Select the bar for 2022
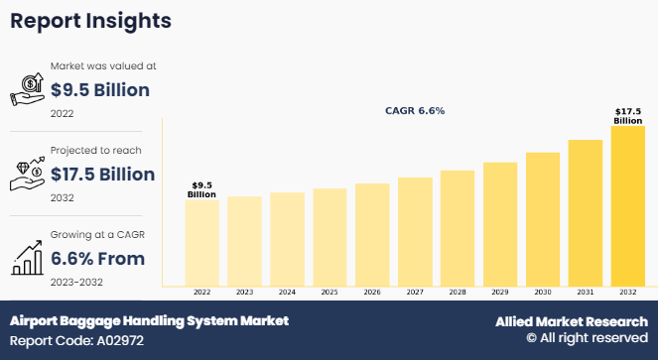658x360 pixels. (201, 243)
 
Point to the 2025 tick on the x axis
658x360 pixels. (329, 293)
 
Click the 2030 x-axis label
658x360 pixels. (543, 293)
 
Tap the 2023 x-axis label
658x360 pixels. (244, 293)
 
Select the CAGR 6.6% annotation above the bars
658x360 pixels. (415, 111)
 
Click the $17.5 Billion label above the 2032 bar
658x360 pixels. (627, 116)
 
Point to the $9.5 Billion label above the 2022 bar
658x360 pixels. (201, 189)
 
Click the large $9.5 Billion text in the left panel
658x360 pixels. (99, 90)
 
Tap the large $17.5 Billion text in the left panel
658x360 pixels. (102, 175)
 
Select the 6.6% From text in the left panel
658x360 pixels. (99, 259)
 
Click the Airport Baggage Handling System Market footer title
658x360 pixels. (149, 321)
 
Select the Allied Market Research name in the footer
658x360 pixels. (572, 322)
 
